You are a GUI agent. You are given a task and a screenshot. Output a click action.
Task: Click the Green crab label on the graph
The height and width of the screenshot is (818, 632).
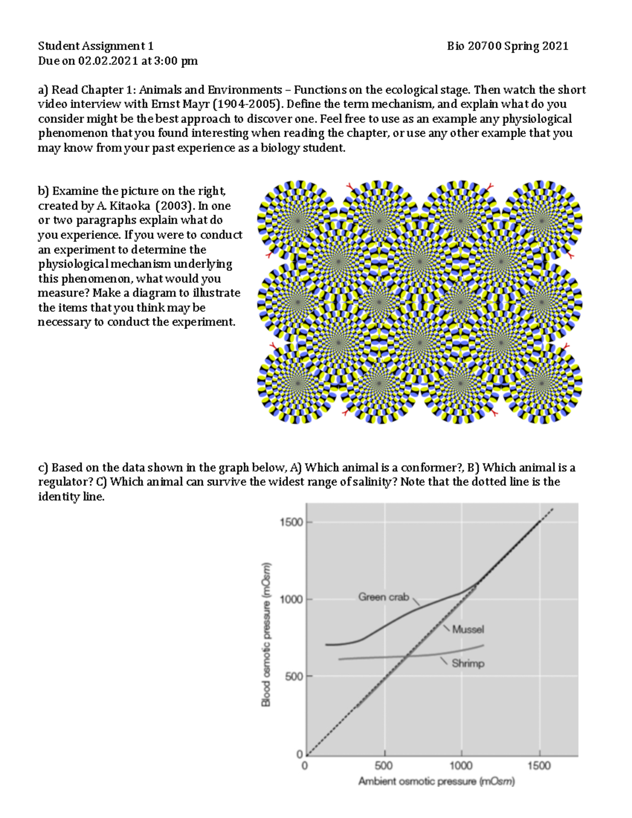[x=383, y=597]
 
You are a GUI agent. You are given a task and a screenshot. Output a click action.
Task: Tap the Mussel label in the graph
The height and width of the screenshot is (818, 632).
[x=468, y=629]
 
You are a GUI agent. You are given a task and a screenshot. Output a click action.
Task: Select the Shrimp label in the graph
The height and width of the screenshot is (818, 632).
[x=468, y=663]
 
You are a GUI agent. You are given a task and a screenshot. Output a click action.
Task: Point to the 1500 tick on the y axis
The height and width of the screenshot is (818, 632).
[x=291, y=522]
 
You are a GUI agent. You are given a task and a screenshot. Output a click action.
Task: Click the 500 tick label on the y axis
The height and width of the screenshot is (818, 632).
[x=294, y=676]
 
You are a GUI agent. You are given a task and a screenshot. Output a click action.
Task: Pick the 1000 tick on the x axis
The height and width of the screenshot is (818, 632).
[x=461, y=765]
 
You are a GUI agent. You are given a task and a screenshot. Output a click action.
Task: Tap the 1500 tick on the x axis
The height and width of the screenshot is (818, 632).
[x=539, y=765]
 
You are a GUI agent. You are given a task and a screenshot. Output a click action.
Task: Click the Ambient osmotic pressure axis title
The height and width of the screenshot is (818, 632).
[x=436, y=782]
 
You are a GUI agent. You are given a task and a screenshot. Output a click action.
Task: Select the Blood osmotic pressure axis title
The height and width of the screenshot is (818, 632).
[x=266, y=634]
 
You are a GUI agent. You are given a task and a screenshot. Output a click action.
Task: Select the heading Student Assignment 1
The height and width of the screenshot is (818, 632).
[x=96, y=46]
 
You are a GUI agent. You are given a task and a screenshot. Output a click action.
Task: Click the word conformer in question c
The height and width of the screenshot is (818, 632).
[x=431, y=468]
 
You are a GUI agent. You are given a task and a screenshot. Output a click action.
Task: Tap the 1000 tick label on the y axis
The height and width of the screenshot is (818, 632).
[x=291, y=599]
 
